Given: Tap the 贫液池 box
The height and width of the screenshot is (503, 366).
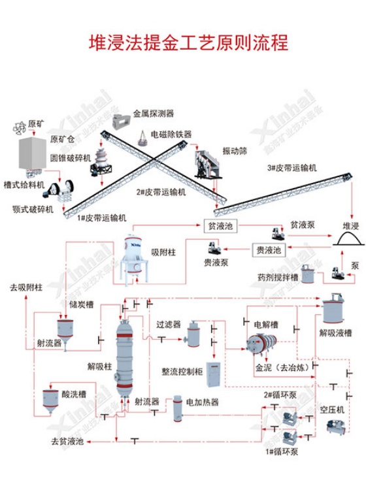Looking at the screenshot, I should tap(220, 226).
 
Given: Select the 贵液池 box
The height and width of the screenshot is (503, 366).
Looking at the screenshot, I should tap(266, 249).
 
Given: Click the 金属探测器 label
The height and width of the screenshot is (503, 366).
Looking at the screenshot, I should tap(154, 113).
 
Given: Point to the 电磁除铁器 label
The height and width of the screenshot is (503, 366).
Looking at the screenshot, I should tap(171, 134).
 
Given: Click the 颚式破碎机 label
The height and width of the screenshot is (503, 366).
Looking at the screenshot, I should tap(30, 210).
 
